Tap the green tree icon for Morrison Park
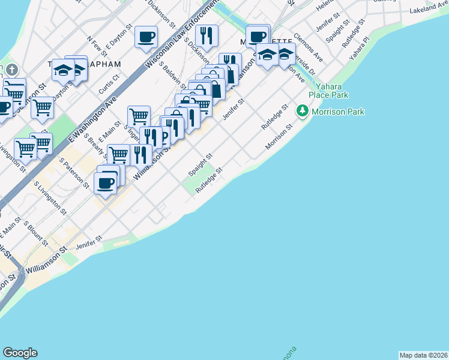point(302,112)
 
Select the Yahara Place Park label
point(328,90)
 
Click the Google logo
point(20,353)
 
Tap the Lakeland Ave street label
point(429,8)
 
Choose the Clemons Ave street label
point(308,46)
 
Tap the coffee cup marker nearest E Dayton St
point(146,38)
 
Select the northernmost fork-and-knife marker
point(206,35)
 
